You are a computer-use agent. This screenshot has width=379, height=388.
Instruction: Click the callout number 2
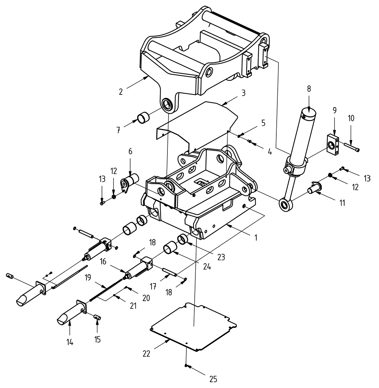click(121, 92)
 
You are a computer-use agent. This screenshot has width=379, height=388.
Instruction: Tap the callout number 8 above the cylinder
click(309, 89)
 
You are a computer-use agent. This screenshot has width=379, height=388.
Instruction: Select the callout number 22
click(146, 354)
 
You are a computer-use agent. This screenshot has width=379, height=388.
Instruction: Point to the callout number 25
click(213, 379)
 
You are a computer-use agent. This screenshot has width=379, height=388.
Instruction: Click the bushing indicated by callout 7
click(144, 118)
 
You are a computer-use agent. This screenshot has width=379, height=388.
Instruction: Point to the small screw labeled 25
click(186, 366)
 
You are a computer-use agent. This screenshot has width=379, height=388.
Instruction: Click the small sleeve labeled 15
click(98, 317)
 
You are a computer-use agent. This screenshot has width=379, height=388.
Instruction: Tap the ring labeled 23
click(182, 239)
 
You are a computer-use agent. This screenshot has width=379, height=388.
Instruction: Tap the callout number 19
click(88, 278)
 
